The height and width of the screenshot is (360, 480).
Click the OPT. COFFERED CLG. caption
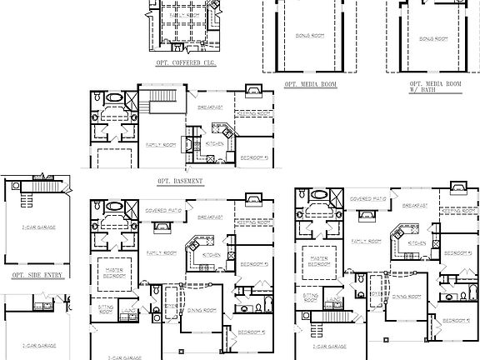[186, 62]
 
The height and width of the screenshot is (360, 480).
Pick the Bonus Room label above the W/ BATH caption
[433, 37]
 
